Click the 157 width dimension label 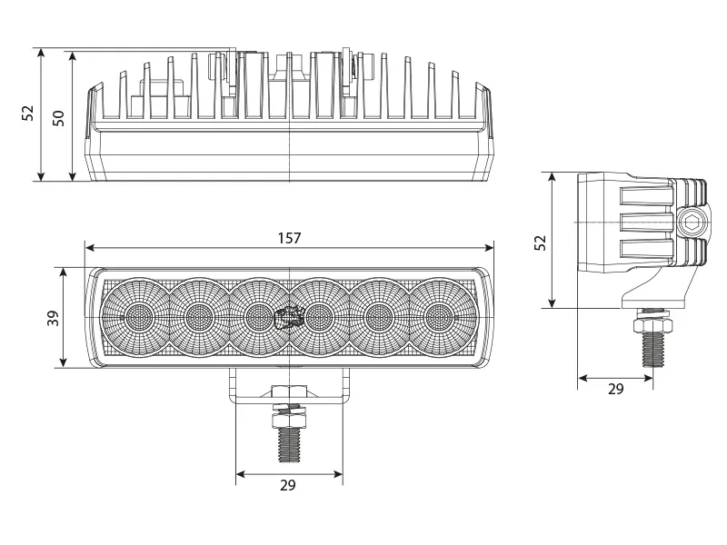tap(289, 238)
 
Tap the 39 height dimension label tap(53, 318)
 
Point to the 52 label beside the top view tap(28, 113)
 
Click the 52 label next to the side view tap(539, 243)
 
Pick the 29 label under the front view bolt tap(288, 485)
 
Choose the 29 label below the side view tap(615, 389)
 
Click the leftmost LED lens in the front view tap(138, 316)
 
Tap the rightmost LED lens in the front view tap(438, 316)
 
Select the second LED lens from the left tap(198, 316)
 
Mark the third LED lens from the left tap(258, 316)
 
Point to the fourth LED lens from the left tap(318, 316)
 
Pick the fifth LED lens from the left tap(378, 316)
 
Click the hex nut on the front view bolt tap(288, 414)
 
